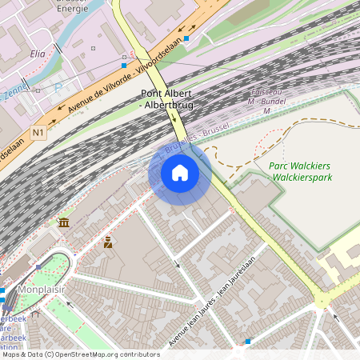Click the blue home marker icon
(180, 173)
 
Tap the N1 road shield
(38, 131)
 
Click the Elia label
(37, 54)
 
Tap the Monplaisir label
(42, 289)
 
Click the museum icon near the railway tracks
(63, 222)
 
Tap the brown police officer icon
(107, 242)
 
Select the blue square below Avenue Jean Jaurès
(248, 342)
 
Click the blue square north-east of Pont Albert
(186, 38)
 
